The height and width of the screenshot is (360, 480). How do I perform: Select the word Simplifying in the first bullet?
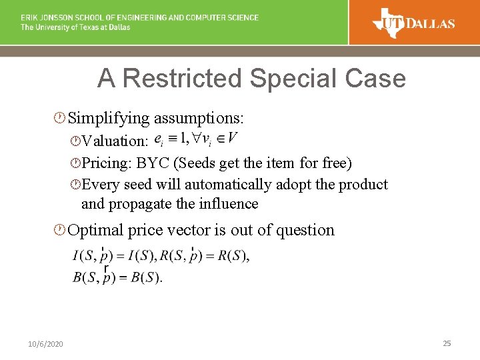pos(109,119)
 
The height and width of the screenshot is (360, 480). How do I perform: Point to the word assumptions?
pos(199,119)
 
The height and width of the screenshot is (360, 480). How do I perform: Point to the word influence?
pos(225,203)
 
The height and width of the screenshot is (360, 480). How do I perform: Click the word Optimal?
pos(96,230)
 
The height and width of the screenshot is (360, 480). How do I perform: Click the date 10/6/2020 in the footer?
pos(46,344)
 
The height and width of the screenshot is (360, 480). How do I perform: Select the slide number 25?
pos(447,343)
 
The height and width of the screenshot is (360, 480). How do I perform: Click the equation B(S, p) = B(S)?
pos(117,277)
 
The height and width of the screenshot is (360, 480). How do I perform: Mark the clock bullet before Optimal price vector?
pos(60,231)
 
